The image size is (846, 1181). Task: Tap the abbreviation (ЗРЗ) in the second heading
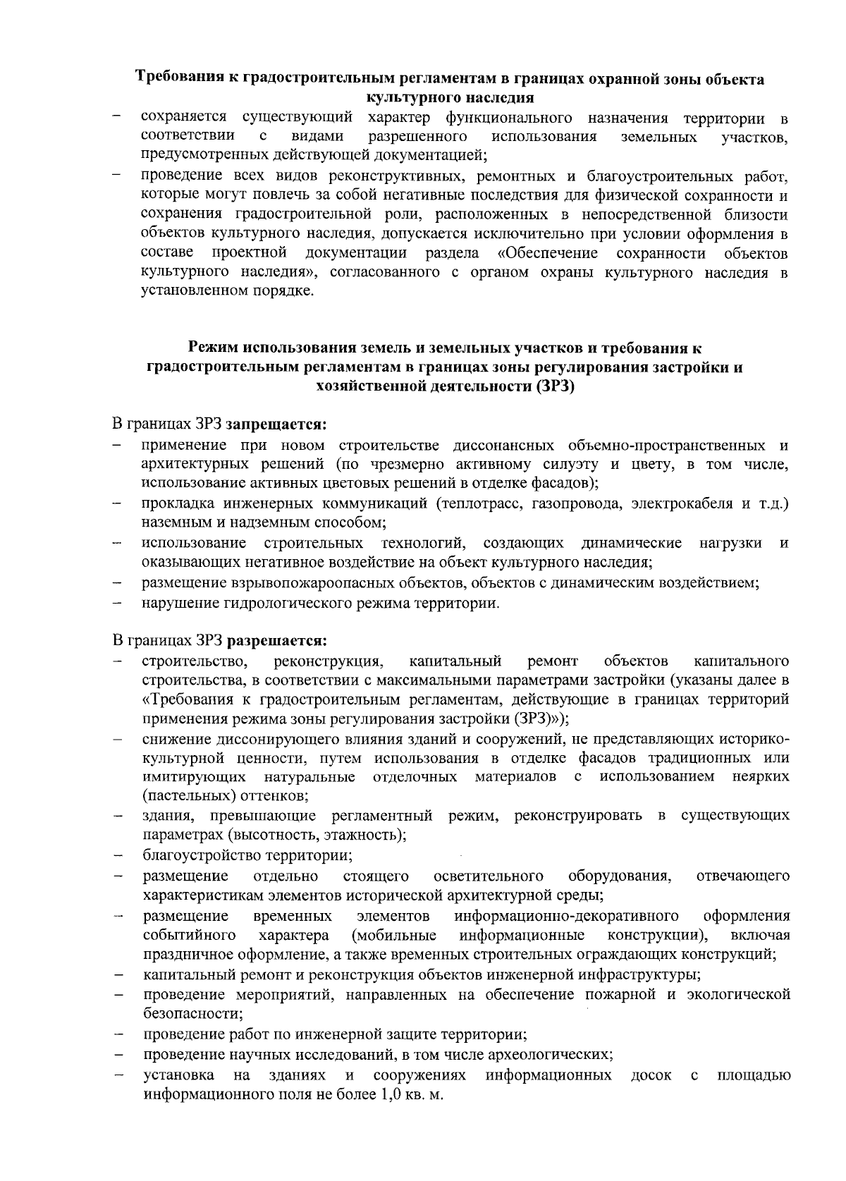[x=555, y=386]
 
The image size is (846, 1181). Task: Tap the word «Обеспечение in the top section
[x=548, y=253]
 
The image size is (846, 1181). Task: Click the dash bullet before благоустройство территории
[x=118, y=857]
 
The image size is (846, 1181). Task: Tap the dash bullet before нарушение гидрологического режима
[x=118, y=604]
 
